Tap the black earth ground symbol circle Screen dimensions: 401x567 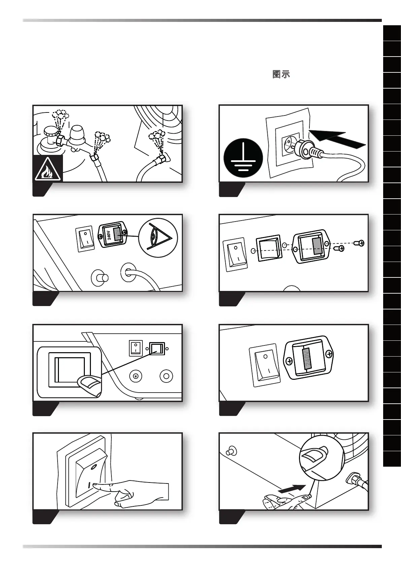pos(243,158)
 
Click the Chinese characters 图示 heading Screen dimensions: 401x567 pos(281,74)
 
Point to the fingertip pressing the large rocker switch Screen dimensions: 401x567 pos(96,486)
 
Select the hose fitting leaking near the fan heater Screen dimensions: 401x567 pos(163,158)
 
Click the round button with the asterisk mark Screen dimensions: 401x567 pos(136,376)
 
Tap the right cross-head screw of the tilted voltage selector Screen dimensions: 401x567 pos(329,354)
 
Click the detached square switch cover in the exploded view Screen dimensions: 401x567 pos(268,248)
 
